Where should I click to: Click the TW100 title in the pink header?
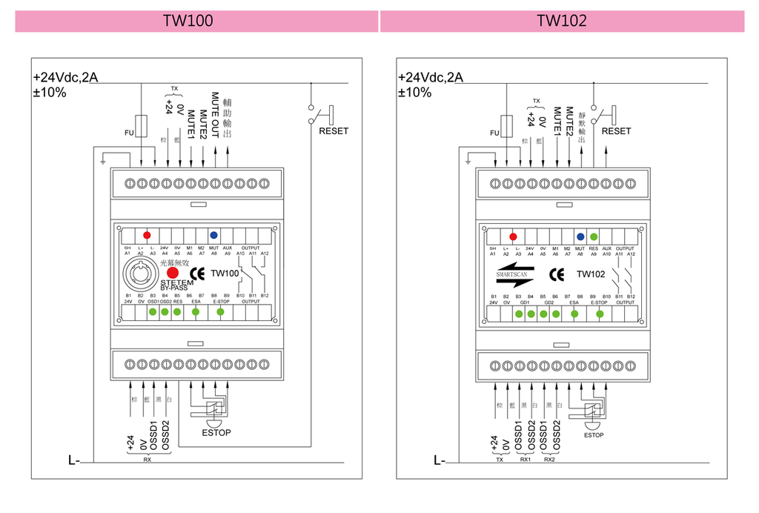tap(188, 21)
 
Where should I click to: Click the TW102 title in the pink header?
tap(562, 21)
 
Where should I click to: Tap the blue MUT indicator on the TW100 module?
tap(213, 234)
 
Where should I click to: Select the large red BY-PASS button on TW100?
tap(172, 272)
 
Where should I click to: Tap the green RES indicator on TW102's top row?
tap(594, 237)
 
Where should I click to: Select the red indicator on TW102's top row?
tap(512, 237)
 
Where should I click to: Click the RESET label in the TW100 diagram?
tap(333, 131)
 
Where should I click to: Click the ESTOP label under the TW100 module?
tap(217, 433)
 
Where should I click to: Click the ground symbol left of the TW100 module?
tap(105, 159)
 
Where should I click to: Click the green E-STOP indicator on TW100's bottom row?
tap(221, 312)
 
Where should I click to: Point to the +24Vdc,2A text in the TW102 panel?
tap(431, 77)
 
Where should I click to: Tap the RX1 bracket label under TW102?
tap(525, 460)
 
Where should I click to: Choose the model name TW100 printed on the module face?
tap(225, 273)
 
